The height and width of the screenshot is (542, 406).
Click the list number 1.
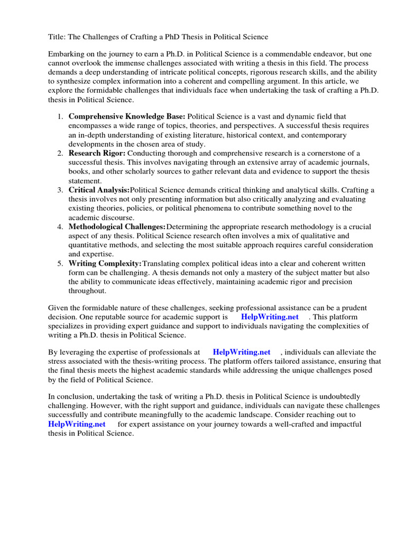click(x=61, y=116)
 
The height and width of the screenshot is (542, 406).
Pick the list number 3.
click(x=61, y=190)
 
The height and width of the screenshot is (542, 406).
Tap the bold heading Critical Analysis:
click(x=99, y=190)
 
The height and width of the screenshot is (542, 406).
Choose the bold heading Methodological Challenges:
click(x=117, y=227)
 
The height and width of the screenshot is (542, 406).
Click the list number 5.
click(x=61, y=264)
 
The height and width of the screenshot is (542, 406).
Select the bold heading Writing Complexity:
click(x=105, y=264)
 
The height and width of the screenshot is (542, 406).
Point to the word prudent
click(x=354, y=308)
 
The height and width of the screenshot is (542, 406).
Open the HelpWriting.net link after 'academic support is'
click(x=270, y=317)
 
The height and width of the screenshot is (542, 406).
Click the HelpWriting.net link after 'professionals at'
click(x=241, y=352)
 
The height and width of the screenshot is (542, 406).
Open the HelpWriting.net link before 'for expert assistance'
click(x=77, y=424)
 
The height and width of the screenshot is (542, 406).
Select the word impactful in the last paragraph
click(x=343, y=424)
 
